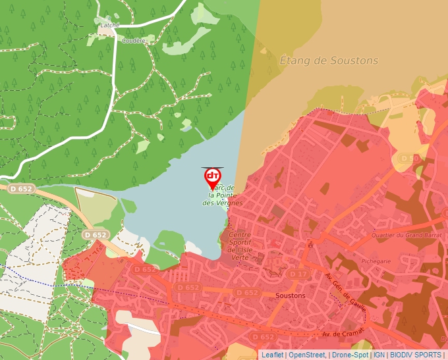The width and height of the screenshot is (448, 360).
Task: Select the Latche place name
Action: (109, 25)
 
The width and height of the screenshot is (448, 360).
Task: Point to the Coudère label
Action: (133, 40)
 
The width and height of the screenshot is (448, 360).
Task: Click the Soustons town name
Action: (291, 296)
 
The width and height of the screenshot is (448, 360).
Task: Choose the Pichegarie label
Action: (376, 261)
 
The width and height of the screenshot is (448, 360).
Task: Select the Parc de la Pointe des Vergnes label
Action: (223, 196)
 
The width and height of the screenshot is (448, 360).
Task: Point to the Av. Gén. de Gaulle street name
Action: (346, 290)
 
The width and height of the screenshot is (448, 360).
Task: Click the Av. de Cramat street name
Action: (343, 334)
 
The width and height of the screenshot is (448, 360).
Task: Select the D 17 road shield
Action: (298, 274)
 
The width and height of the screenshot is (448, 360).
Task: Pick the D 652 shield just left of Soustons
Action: (246, 292)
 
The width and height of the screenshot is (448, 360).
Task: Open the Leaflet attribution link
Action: (272, 355)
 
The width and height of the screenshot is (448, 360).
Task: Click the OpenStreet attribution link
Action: (306, 355)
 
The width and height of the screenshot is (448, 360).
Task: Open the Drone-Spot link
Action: (350, 355)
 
